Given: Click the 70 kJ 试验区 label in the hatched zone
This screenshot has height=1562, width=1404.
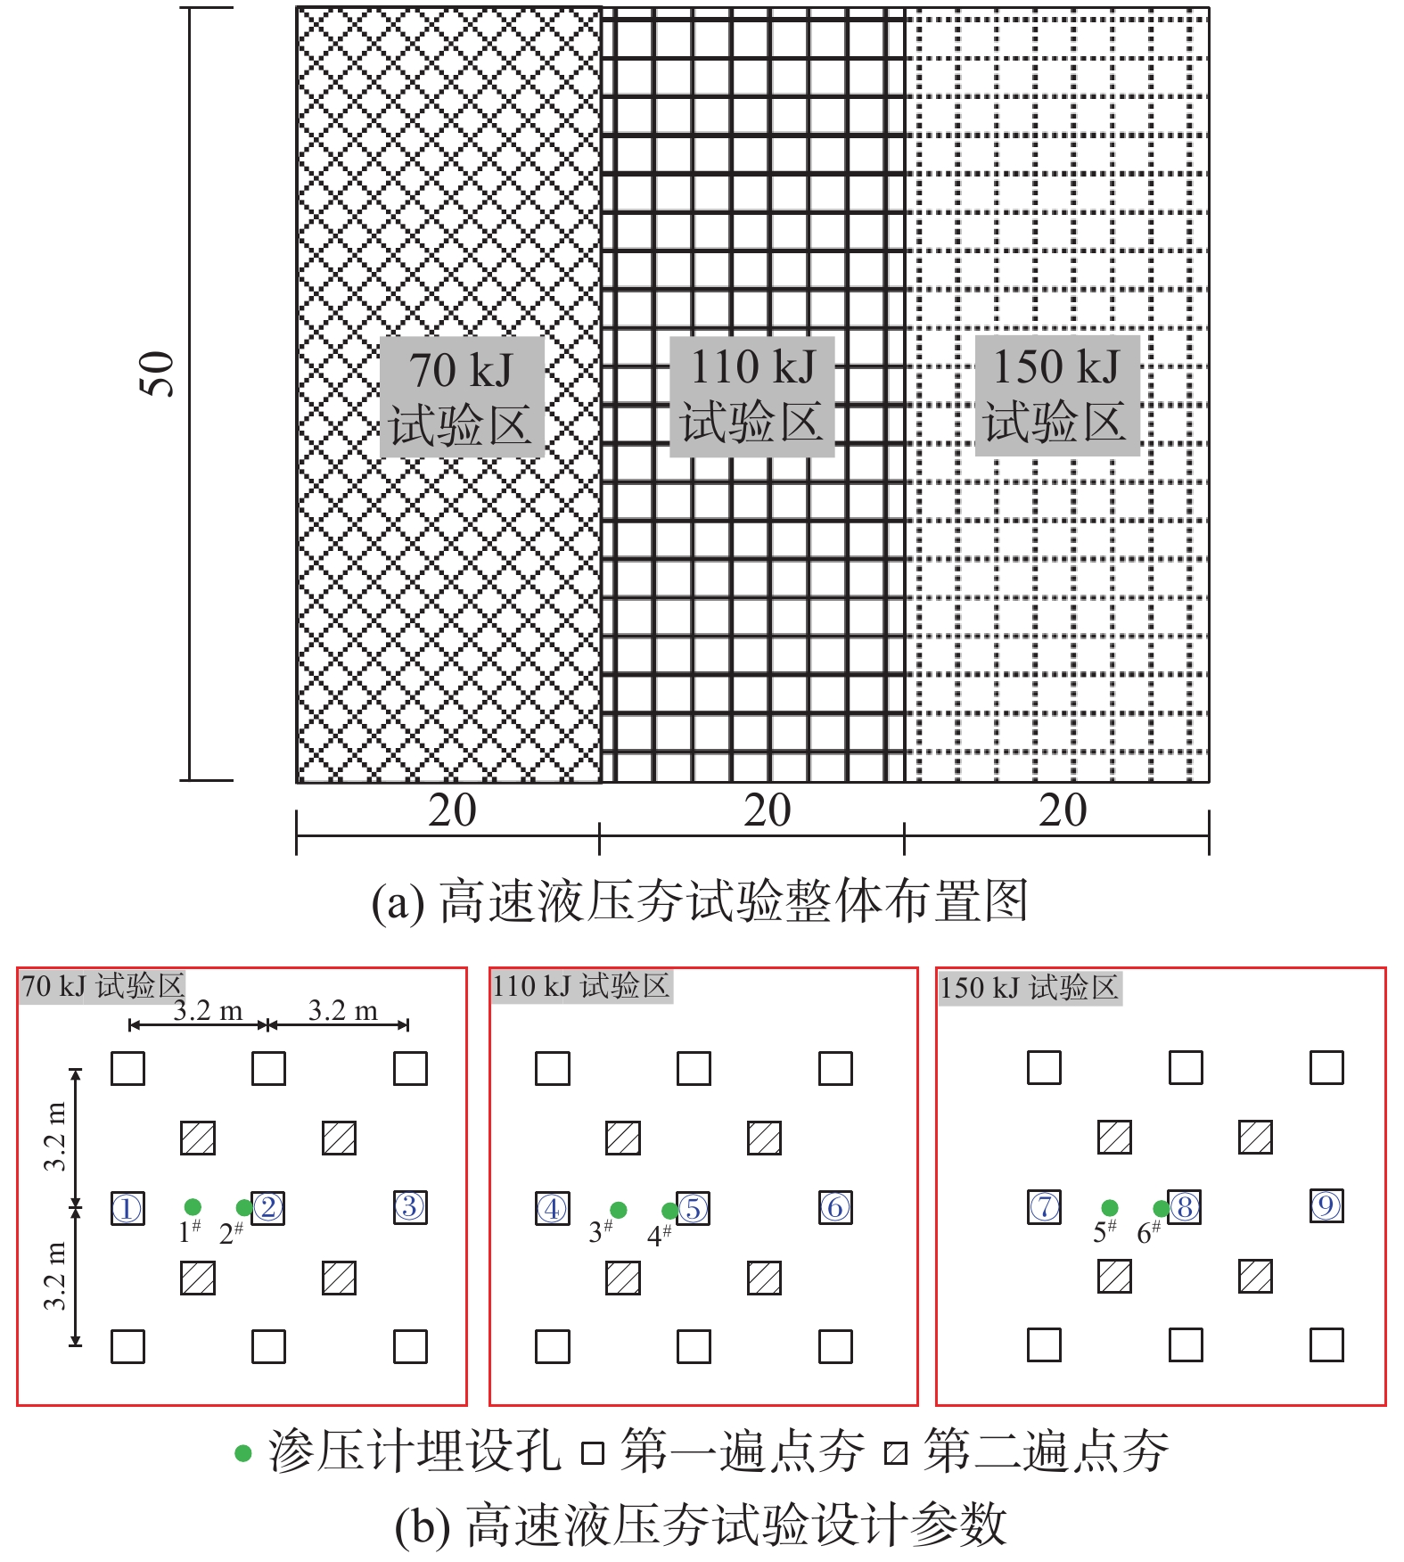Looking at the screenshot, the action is (461, 397).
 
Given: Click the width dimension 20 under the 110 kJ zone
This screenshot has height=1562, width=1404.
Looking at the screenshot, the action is (768, 810).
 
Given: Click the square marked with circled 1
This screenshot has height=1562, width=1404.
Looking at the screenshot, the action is (127, 1209).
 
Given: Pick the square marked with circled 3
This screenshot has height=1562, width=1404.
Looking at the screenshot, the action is (410, 1207).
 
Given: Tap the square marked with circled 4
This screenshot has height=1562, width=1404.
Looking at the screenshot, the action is (553, 1209).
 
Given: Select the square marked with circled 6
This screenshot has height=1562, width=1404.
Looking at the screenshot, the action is (835, 1207).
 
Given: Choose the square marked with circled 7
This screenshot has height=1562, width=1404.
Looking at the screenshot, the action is (1045, 1207).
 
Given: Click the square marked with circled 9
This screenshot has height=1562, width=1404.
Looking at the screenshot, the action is (1326, 1205).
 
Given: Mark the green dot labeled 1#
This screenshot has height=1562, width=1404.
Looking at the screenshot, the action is (193, 1208).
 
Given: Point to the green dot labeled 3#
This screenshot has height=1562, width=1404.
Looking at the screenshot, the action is (618, 1210).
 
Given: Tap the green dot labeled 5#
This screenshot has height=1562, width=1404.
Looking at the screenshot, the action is (1110, 1208).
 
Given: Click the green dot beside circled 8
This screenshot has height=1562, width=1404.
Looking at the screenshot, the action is (1162, 1208).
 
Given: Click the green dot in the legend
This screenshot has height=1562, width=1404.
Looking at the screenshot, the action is (243, 1454).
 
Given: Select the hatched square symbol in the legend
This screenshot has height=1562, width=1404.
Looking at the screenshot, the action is (896, 1454).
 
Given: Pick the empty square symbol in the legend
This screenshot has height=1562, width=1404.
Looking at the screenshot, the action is (593, 1454).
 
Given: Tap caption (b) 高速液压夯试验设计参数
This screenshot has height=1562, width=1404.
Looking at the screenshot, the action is (701, 1525).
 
